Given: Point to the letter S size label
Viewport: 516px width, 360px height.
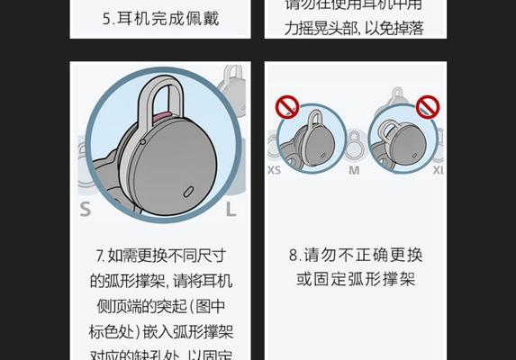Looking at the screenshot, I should pyautogui.click(x=86, y=210).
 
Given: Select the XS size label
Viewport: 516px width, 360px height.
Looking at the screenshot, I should pyautogui.click(x=274, y=169).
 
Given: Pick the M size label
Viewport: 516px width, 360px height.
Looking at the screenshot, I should pyautogui.click(x=354, y=169).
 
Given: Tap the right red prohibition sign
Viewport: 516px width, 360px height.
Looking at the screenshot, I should pyautogui.click(x=428, y=108).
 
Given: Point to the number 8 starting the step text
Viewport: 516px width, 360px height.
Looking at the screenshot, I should pyautogui.click(x=294, y=255).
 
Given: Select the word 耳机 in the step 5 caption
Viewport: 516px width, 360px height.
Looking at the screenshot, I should pyautogui.click(x=132, y=18).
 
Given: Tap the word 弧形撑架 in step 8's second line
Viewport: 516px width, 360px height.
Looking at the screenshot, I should pyautogui.click(x=366, y=280).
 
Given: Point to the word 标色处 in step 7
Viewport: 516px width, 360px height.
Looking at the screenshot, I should pyautogui.click(x=121, y=330).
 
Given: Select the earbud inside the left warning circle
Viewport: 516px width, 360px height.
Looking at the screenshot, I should pyautogui.click(x=313, y=139).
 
